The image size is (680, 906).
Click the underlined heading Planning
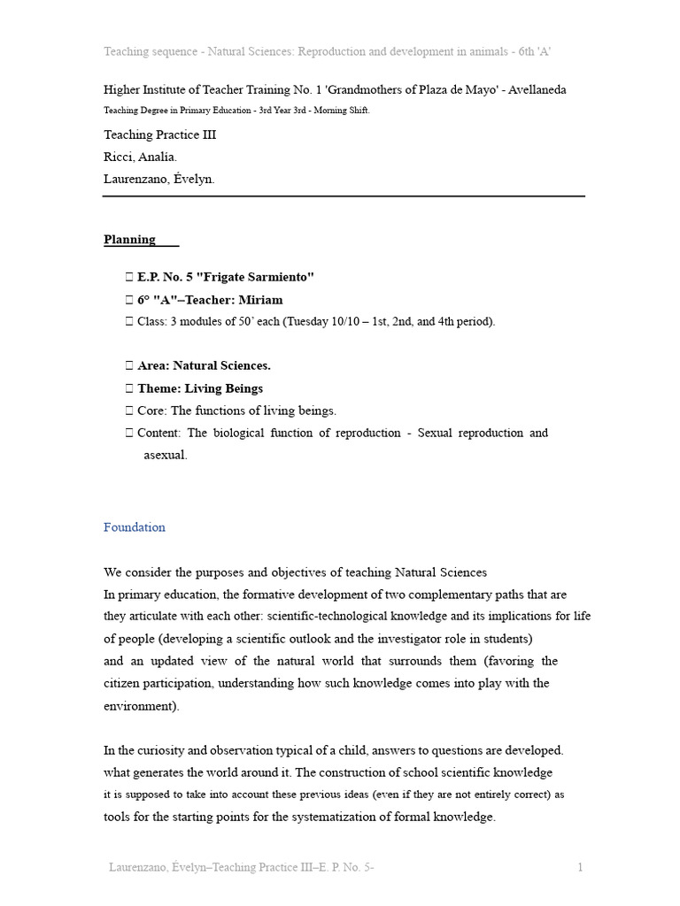pos(129,240)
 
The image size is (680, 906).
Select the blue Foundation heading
pos(135,527)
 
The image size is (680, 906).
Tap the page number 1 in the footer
pos(580,868)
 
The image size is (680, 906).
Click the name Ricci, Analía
pos(140,157)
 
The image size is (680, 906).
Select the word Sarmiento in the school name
pos(279,277)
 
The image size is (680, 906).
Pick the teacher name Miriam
pos(261,300)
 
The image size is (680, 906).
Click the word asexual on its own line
pos(166,456)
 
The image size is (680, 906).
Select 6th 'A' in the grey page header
pos(534,52)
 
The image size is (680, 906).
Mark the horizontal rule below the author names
pos(344,196)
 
